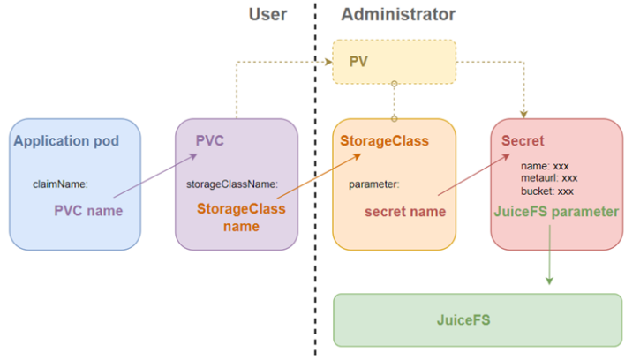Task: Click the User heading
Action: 267,14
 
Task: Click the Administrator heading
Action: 398,14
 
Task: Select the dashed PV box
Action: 394,62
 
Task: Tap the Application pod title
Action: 65,141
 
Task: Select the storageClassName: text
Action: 232,185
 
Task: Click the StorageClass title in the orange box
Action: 384,141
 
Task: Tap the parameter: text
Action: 373,185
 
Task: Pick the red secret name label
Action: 405,212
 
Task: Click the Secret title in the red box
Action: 523,141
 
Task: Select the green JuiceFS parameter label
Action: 555,212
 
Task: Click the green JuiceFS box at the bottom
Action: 477,319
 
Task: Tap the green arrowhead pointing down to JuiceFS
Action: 549,280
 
